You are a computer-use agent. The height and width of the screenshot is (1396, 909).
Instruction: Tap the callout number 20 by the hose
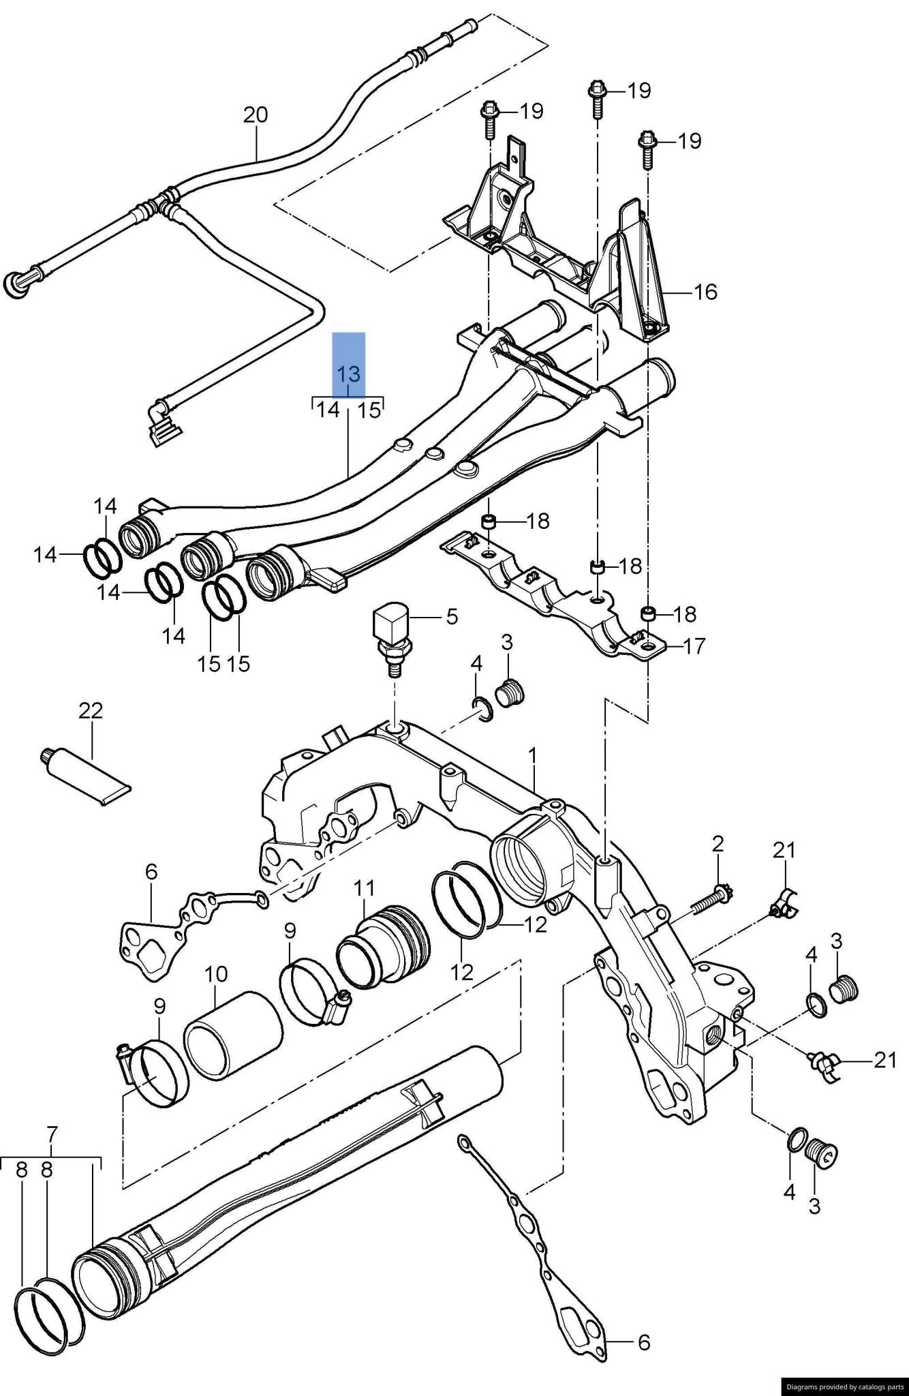pyautogui.click(x=256, y=115)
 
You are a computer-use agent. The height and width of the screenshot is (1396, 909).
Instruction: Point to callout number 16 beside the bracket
pyautogui.click(x=705, y=292)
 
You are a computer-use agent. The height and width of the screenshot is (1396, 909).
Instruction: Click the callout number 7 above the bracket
pyautogui.click(x=52, y=1134)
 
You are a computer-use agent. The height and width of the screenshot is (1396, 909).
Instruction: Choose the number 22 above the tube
pyautogui.click(x=91, y=710)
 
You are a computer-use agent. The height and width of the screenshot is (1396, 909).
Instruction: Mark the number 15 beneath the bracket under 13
pyautogui.click(x=369, y=410)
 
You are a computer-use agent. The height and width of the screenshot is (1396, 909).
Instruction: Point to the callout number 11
pyautogui.click(x=365, y=888)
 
